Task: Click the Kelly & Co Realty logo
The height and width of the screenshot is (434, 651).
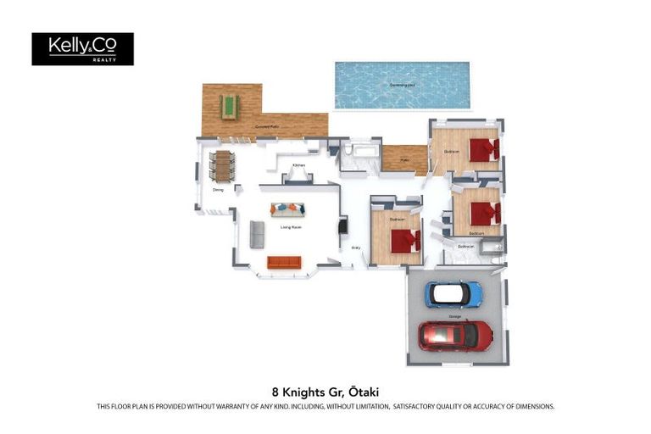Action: [x=82, y=48]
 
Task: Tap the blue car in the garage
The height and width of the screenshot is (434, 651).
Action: [x=453, y=294]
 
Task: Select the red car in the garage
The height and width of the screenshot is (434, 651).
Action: [x=455, y=335]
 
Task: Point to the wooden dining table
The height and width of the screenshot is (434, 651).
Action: [x=223, y=166]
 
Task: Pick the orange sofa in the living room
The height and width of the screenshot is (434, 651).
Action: [x=284, y=263]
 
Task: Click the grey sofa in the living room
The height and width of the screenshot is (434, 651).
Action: [x=257, y=234]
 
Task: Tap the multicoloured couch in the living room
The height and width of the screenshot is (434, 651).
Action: [x=288, y=209]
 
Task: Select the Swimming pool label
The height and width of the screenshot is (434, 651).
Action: [x=402, y=86]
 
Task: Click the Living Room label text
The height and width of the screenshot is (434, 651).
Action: [x=292, y=227]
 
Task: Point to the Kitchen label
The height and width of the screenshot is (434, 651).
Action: [x=298, y=165]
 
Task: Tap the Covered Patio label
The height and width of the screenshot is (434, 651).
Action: [x=268, y=127]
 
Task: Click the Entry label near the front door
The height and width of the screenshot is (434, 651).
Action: [x=356, y=248]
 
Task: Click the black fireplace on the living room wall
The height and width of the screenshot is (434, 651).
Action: [x=342, y=226]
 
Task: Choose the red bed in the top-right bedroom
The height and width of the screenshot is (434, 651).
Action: [x=484, y=150]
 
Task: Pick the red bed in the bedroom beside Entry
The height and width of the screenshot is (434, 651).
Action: [x=404, y=241]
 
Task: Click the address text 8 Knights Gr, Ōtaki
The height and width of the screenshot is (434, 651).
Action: [x=325, y=392]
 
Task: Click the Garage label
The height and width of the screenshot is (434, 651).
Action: [x=455, y=315]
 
